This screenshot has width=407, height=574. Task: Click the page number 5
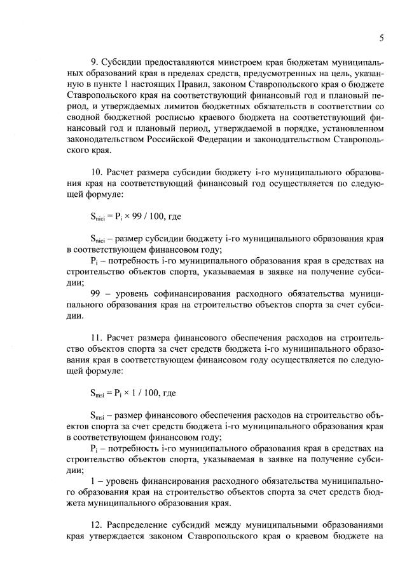(x=382, y=38)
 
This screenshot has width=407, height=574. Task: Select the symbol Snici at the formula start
(x=99, y=217)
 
